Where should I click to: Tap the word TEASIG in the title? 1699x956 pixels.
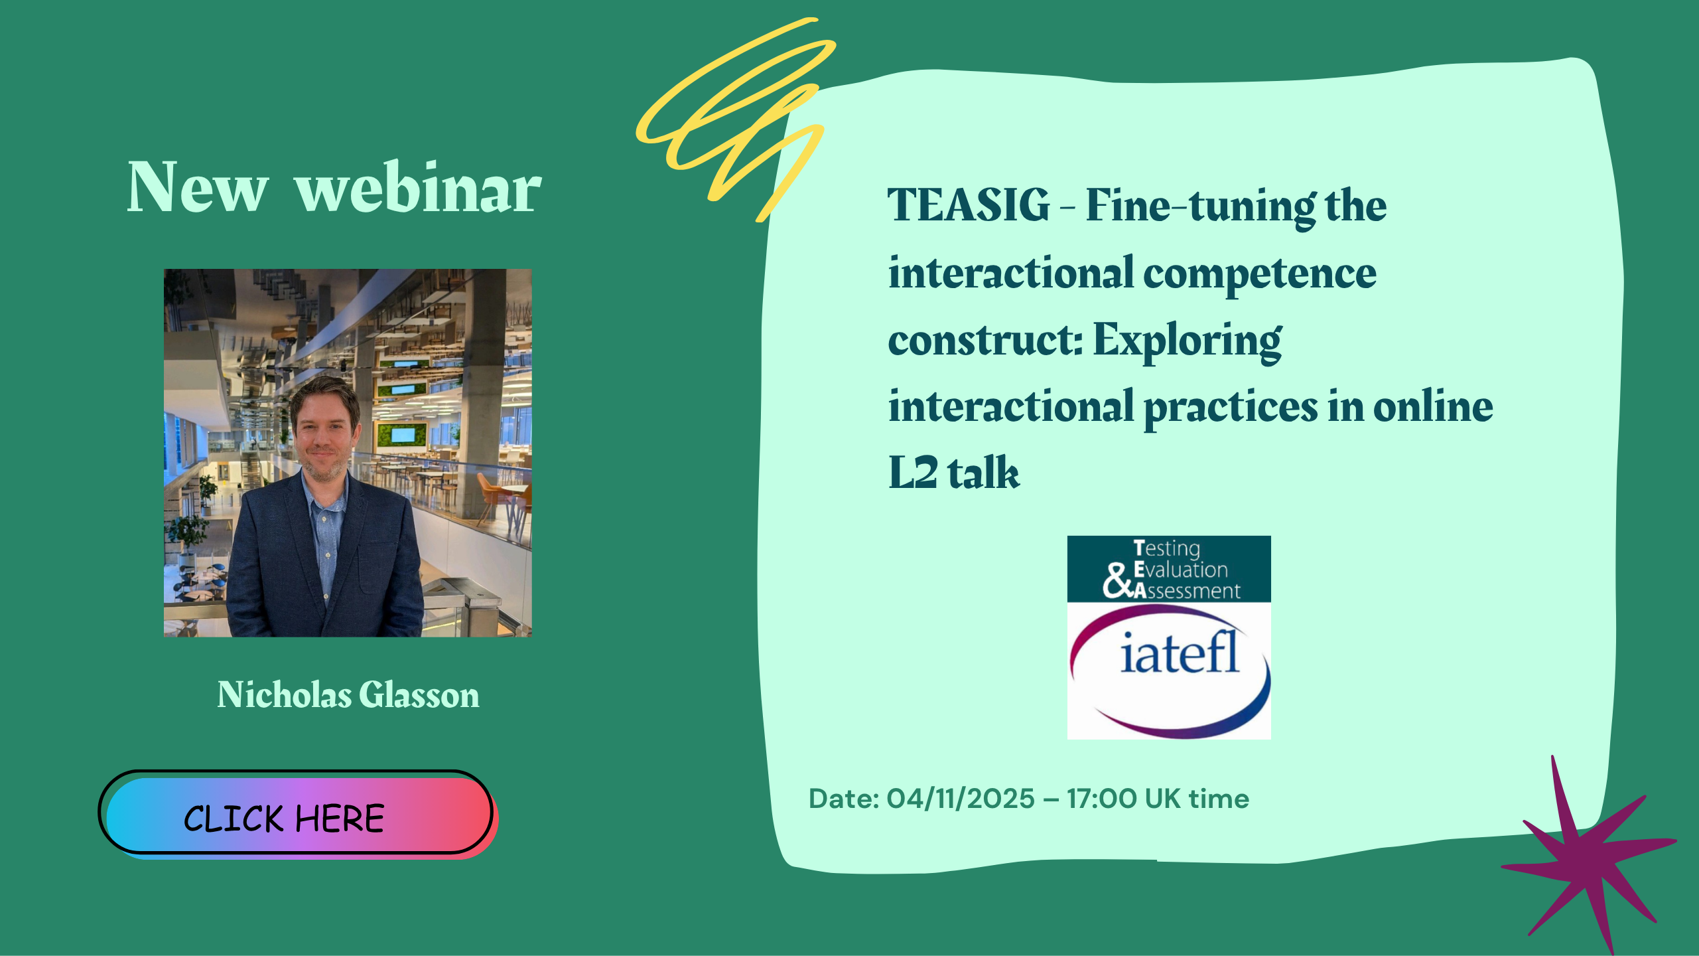point(969,205)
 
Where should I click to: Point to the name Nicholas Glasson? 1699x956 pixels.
point(348,695)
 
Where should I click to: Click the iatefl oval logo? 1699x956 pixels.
point(1169,670)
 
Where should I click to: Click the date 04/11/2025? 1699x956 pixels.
point(961,799)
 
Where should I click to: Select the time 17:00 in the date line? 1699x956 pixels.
point(1102,799)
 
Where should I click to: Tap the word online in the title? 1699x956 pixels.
point(1433,406)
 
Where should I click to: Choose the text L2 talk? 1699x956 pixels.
point(954,473)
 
